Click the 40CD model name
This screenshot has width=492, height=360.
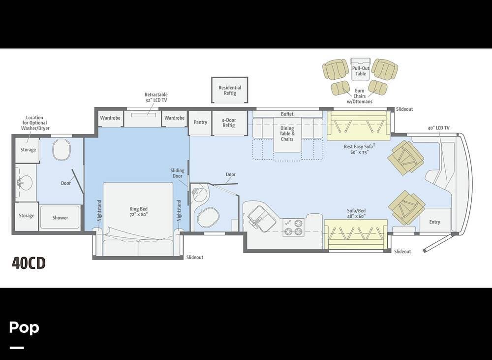(x=29, y=263)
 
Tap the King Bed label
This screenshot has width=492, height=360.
(x=138, y=212)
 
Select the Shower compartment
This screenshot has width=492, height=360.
(x=60, y=217)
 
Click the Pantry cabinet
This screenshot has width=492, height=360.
(x=200, y=122)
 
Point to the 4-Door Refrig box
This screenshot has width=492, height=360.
(x=229, y=123)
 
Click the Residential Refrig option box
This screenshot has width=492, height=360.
(x=230, y=90)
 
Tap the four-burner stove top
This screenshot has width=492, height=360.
(x=293, y=227)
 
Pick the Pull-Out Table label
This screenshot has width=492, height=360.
(x=361, y=71)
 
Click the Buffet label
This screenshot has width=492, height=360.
(x=287, y=114)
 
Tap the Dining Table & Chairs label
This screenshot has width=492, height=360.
(x=287, y=133)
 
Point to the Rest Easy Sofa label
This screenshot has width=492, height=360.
(x=359, y=149)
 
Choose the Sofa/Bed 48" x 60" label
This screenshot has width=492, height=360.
(x=356, y=213)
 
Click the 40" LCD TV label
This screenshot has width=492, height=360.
(x=438, y=128)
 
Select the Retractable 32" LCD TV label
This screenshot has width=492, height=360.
(x=155, y=97)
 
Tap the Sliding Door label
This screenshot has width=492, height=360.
(x=177, y=173)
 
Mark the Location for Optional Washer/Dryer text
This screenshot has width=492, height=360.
(x=35, y=123)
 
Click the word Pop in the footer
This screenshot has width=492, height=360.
(x=24, y=327)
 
